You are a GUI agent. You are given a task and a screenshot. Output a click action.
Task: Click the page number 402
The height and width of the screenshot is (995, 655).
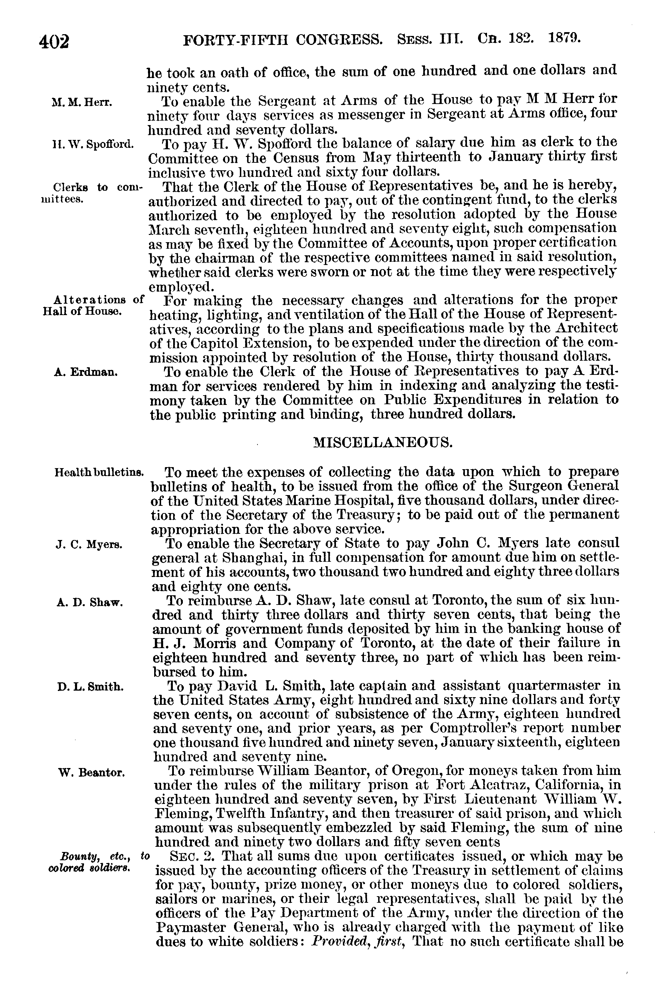[x=54, y=42]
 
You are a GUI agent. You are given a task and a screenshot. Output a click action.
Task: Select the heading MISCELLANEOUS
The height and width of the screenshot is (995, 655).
[x=382, y=442]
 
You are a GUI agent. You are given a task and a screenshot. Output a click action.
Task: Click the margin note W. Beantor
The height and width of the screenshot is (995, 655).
[x=92, y=773]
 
